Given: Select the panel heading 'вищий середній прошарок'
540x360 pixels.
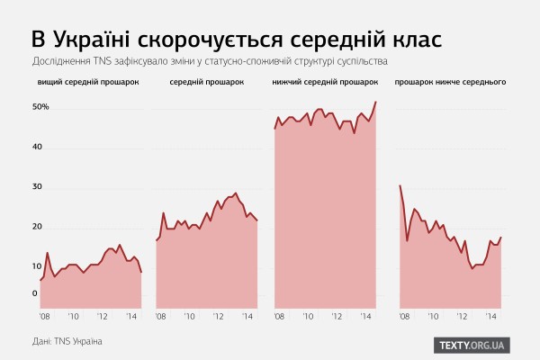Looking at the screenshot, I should coord(88,83).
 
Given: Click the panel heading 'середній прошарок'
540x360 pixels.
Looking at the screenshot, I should coord(206,83).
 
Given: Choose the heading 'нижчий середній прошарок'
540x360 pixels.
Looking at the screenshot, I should coord(324,83).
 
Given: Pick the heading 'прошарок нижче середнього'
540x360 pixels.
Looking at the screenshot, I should coord(450,83).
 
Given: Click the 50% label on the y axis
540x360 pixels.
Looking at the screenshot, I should coord(40,107).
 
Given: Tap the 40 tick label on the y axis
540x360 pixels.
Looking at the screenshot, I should coord(39,148).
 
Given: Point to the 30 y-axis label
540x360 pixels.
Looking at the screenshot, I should coord(39,187).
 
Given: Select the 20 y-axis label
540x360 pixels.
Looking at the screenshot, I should coord(39,227).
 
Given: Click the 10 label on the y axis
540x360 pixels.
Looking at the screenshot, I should coord(39,266).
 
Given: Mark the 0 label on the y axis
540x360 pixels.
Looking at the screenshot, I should coord(36,293).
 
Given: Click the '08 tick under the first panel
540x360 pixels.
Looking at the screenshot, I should coord(45,317).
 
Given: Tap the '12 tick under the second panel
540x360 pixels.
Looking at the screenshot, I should coord(220,317).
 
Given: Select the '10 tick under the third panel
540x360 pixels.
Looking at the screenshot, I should coord(309,317).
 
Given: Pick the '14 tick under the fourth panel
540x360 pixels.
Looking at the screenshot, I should coord(491,317).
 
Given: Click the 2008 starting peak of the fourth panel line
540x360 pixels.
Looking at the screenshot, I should coord(400,185).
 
